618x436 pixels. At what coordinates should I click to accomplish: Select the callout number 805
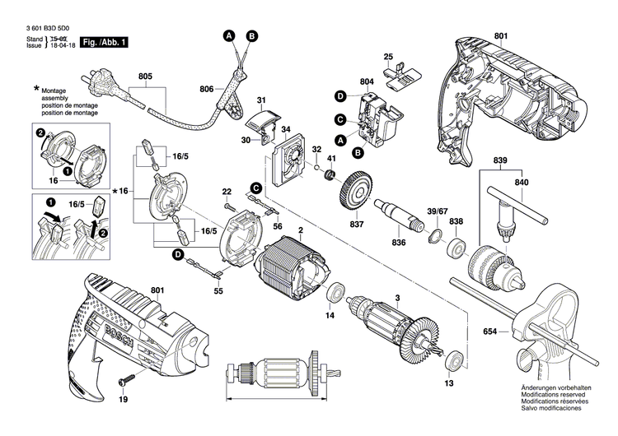(x=145, y=77)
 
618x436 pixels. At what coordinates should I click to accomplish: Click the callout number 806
(x=206, y=88)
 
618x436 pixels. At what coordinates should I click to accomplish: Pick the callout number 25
(x=387, y=56)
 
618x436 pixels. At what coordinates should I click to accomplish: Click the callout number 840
(x=522, y=182)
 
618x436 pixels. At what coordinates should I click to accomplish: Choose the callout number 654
(x=491, y=331)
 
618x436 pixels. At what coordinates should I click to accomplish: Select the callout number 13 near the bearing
(x=449, y=384)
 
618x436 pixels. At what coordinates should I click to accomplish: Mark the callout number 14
(x=330, y=315)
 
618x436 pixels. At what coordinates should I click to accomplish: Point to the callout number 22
(x=226, y=192)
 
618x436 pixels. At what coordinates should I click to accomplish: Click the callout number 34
(x=286, y=130)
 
